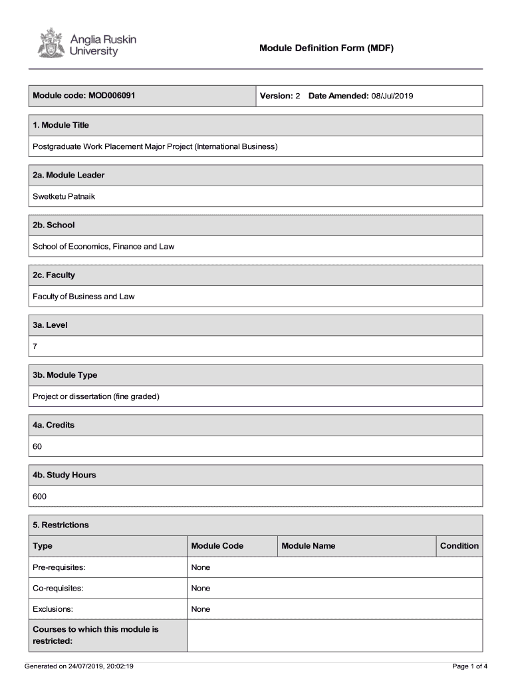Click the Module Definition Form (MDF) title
tap(326, 48)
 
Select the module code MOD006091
tap(111, 96)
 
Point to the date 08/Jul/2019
tap(392, 96)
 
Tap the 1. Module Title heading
tap(61, 125)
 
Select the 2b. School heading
tap(54, 225)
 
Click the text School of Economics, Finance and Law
tap(104, 246)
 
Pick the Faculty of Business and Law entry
tap(84, 296)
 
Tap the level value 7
tap(35, 346)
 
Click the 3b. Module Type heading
tap(65, 375)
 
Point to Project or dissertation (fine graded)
tap(96, 396)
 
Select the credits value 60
tap(37, 446)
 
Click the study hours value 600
tap(40, 496)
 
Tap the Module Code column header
tap(217, 546)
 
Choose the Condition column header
tap(459, 546)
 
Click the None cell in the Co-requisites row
tap(200, 588)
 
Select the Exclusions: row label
tap(53, 609)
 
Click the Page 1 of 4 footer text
tap(469, 666)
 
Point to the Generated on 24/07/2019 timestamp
tap(79, 666)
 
